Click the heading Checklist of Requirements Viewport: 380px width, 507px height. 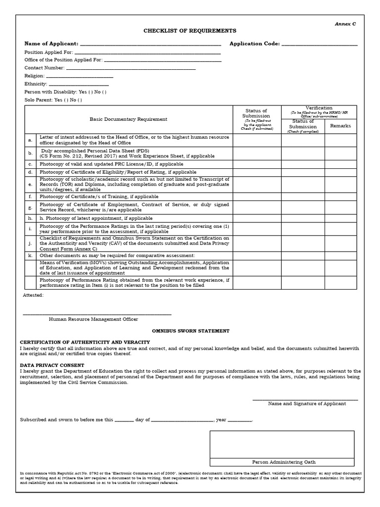click(x=183, y=31)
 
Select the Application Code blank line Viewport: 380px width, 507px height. click(x=319, y=45)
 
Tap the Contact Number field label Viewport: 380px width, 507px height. click(x=45, y=68)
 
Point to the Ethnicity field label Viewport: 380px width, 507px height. click(x=35, y=84)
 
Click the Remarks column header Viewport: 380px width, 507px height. click(x=340, y=126)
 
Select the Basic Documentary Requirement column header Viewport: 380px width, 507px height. click(x=128, y=119)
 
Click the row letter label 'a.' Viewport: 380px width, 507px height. click(x=30, y=141)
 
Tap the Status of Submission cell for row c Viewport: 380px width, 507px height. click(x=257, y=164)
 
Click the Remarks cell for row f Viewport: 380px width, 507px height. click(x=340, y=197)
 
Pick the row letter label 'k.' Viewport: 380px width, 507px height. click(x=30, y=255)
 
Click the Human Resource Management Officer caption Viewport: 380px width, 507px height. click(x=94, y=319)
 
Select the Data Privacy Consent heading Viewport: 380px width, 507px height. click(x=52, y=365)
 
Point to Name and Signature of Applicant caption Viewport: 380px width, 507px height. click(x=307, y=404)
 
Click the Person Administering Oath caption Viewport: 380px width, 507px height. click(x=282, y=462)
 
